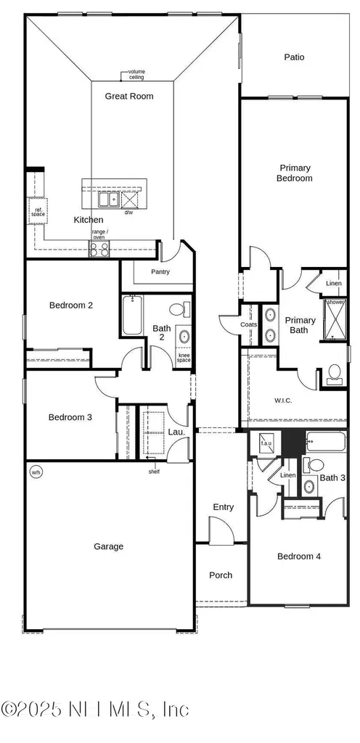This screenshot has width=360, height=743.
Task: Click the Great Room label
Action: point(129,96)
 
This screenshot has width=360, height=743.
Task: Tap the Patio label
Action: point(294,57)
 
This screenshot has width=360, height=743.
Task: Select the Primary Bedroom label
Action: point(294,173)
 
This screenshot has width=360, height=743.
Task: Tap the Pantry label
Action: point(160,271)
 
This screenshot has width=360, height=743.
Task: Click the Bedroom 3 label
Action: point(70,417)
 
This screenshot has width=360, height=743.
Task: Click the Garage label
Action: point(108,546)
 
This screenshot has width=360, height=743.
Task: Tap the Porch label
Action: point(221,575)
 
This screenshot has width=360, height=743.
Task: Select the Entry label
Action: point(223,506)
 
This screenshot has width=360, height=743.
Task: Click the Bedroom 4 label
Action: point(299,557)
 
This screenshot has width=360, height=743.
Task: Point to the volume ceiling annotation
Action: point(136,75)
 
